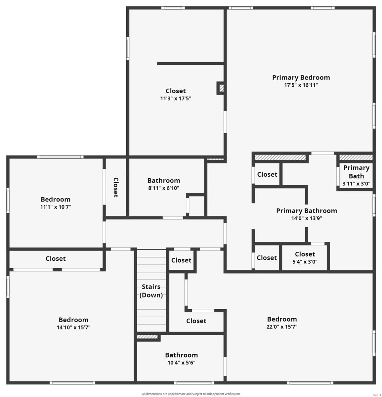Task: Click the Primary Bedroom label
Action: coord(301,77)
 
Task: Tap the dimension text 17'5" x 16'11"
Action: coord(301,85)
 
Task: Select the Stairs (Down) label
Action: coord(151,291)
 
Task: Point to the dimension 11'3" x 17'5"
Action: coord(176,98)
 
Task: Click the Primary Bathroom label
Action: coord(306,211)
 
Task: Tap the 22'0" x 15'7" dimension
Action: coord(282,327)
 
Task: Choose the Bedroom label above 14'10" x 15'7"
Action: coord(73,320)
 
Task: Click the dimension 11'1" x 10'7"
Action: coord(56,207)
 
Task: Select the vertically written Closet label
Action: coord(116,187)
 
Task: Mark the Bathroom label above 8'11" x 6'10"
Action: coord(164,180)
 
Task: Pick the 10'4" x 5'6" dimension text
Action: coord(181,363)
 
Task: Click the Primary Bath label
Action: coord(356,172)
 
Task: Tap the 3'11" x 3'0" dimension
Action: coord(356,184)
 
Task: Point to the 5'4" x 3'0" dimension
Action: coord(305,261)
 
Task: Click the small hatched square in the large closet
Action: coord(221,88)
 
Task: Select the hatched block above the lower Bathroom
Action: coord(147,337)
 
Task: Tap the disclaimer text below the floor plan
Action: coord(191,394)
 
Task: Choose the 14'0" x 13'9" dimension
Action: coord(306,218)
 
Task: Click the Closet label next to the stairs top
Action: coord(181,260)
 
